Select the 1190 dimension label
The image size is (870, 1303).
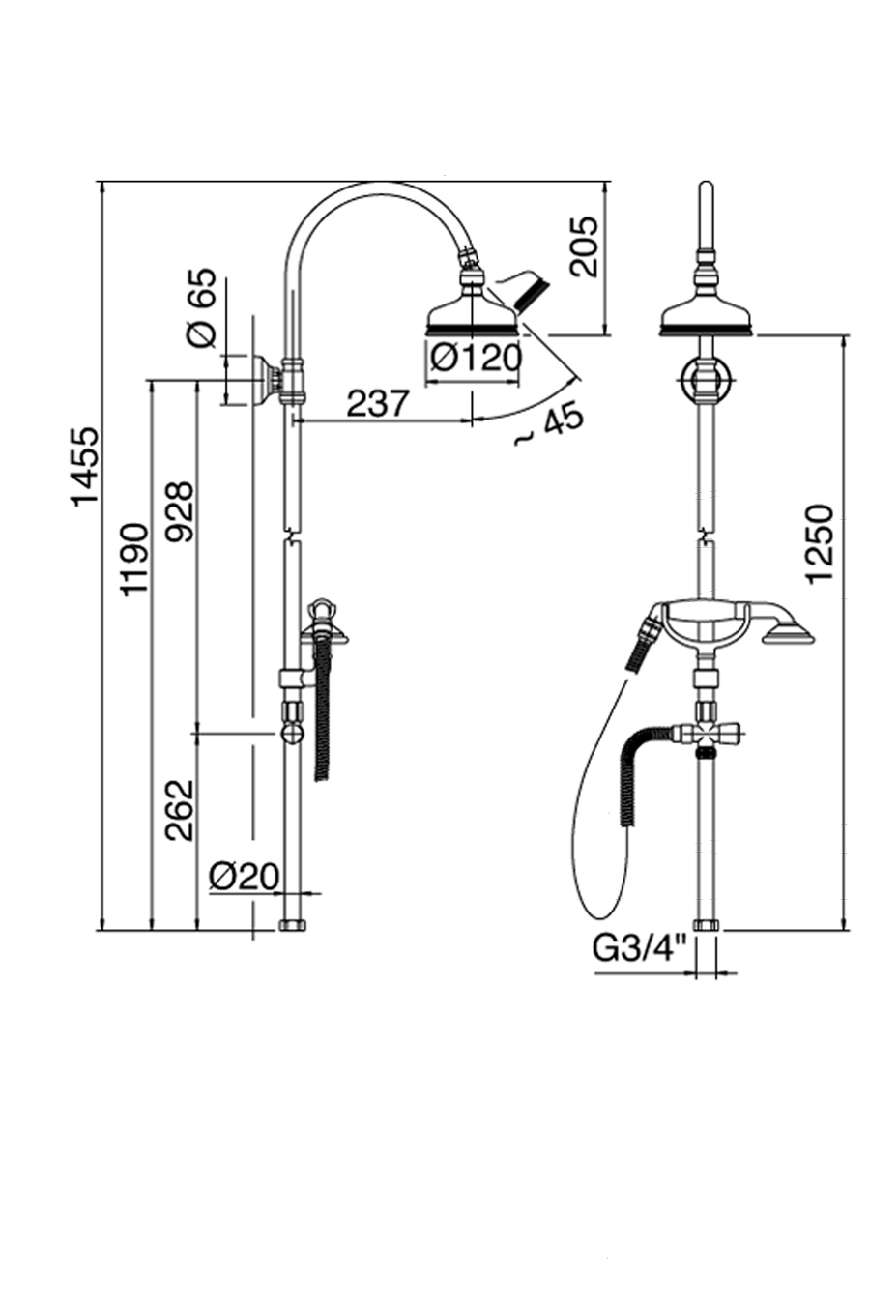(132, 559)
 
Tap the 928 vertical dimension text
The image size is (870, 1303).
(179, 512)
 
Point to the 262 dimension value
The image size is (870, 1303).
(179, 809)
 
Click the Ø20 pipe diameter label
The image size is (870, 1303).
(244, 876)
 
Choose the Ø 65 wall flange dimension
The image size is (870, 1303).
(200, 308)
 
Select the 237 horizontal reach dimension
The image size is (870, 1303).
(379, 402)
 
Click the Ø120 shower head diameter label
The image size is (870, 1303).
(476, 358)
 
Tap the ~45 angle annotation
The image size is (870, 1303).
(548, 425)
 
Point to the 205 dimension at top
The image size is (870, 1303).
(585, 247)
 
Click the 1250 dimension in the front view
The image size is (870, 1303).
(818, 542)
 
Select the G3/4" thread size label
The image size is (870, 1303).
(639, 948)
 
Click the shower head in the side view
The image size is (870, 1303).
(473, 316)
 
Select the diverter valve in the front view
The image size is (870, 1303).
(708, 738)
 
